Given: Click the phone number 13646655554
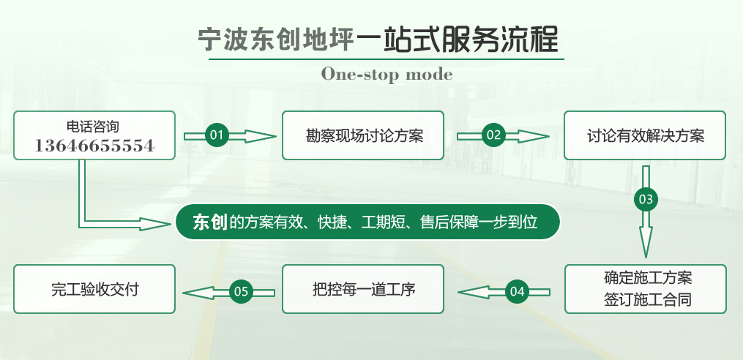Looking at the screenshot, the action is click(x=94, y=146).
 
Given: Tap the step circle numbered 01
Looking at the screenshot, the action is click(x=217, y=135).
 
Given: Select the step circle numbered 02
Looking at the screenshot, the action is click(x=494, y=135).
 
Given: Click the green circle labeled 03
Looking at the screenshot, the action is click(x=646, y=200).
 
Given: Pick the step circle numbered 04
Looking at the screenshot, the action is click(x=517, y=291).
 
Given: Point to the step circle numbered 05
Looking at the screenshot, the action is click(x=241, y=291).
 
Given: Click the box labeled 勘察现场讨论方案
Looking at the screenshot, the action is click(x=363, y=135).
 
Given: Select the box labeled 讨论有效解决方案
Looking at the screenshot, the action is click(x=645, y=135).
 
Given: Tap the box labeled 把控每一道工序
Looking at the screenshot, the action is click(x=363, y=289).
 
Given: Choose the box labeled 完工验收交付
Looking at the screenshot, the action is click(x=94, y=289).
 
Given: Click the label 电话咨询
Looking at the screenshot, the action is click(x=93, y=127).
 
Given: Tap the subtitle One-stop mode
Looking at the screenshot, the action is click(x=387, y=75).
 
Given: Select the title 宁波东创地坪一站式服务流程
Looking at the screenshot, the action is click(x=378, y=40).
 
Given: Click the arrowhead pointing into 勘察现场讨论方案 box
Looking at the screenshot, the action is click(x=261, y=136).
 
